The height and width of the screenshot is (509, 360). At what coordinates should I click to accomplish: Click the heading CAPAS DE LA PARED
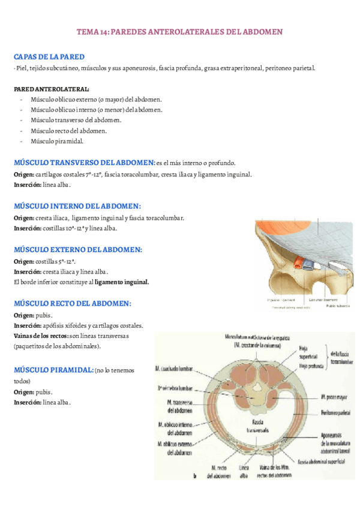[x=49, y=56]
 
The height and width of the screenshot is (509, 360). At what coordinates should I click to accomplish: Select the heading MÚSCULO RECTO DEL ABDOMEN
[x=73, y=304]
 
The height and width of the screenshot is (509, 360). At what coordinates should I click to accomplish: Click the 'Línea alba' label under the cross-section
[x=244, y=472]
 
